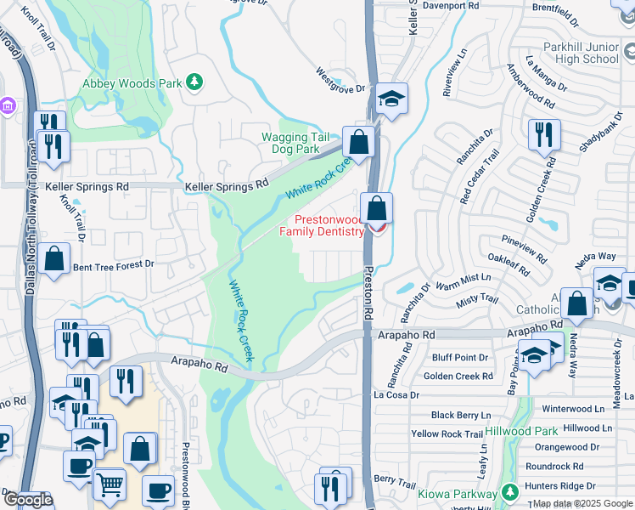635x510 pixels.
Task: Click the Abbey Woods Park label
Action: tap(132, 83)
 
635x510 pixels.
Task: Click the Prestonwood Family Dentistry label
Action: tap(322, 224)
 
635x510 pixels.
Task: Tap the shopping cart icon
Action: tap(110, 485)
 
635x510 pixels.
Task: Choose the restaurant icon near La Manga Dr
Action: tap(544, 134)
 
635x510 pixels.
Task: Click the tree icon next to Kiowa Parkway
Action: tap(509, 493)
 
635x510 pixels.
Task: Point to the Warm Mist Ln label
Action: tap(462, 277)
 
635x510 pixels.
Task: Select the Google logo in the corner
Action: tap(29, 500)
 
